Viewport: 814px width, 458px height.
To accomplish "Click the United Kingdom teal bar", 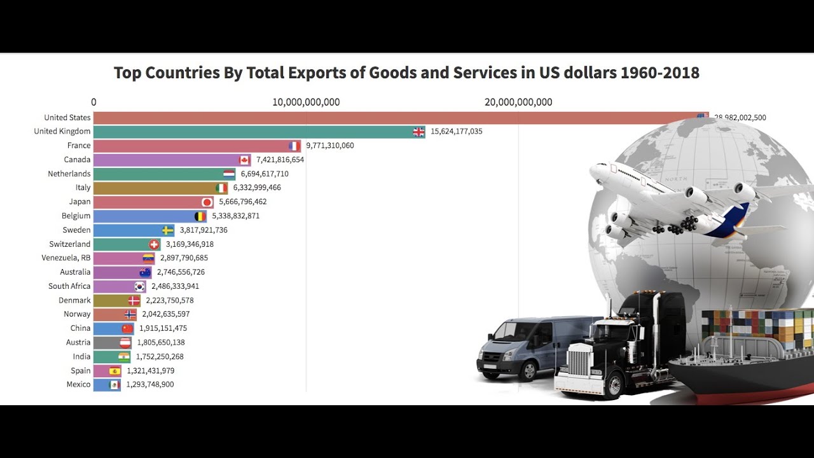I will pyautogui.click(x=254, y=132).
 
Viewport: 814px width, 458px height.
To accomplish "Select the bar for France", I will pyautogui.click(x=191, y=146).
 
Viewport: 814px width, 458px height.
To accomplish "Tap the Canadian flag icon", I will pyautogui.click(x=244, y=160).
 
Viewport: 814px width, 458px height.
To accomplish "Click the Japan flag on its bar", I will pyautogui.click(x=207, y=202).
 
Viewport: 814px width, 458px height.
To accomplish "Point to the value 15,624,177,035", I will pyautogui.click(x=456, y=132).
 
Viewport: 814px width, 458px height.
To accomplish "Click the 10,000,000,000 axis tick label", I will pyautogui.click(x=306, y=102).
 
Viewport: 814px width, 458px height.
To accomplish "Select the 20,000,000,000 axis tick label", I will pyautogui.click(x=518, y=102).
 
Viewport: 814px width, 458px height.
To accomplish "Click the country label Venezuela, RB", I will pyautogui.click(x=66, y=258).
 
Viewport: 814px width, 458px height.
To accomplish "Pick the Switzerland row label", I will pyautogui.click(x=70, y=244).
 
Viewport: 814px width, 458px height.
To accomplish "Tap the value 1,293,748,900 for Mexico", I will pyautogui.click(x=149, y=384).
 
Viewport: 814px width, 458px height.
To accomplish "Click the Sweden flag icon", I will pyautogui.click(x=168, y=230).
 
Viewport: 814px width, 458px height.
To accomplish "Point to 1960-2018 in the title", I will pyautogui.click(x=659, y=73).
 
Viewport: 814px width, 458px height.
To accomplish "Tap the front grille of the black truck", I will pyautogui.click(x=579, y=363).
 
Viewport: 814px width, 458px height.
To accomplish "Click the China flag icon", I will pyautogui.click(x=128, y=328).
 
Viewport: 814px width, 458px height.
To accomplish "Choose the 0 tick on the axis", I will pyautogui.click(x=93, y=102).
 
